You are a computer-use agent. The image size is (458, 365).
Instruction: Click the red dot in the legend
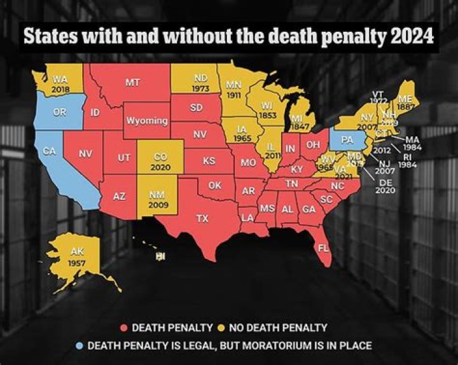coord(124,328)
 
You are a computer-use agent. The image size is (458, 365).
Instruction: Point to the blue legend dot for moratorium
coord(79,345)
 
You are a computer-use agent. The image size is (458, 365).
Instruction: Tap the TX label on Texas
coord(202,218)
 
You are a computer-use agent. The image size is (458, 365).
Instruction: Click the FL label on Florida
coord(324,248)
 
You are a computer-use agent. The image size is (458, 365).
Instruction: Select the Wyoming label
coord(147,121)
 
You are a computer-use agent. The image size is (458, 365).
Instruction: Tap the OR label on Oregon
coord(59,111)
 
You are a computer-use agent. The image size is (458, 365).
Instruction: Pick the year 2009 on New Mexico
coord(158,205)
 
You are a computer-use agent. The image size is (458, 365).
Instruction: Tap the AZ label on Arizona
coord(119,196)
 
